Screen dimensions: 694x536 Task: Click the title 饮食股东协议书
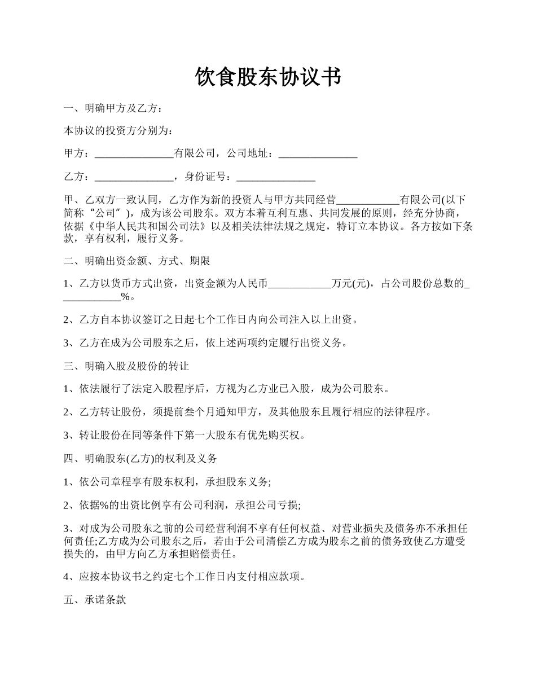268,77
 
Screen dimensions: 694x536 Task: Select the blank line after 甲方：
134,153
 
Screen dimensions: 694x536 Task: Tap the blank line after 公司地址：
318,153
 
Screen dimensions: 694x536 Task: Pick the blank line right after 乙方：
134,177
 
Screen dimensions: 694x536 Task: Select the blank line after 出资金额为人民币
300,284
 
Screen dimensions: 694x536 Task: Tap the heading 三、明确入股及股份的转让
126,366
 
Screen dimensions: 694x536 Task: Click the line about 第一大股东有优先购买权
185,435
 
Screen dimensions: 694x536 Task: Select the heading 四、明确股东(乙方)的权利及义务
140,458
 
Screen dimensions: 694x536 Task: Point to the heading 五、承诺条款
94,600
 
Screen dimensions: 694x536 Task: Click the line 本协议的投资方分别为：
117,130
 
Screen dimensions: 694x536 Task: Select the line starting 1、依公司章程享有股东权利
168,481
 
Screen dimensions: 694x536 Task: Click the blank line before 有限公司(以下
367,200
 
